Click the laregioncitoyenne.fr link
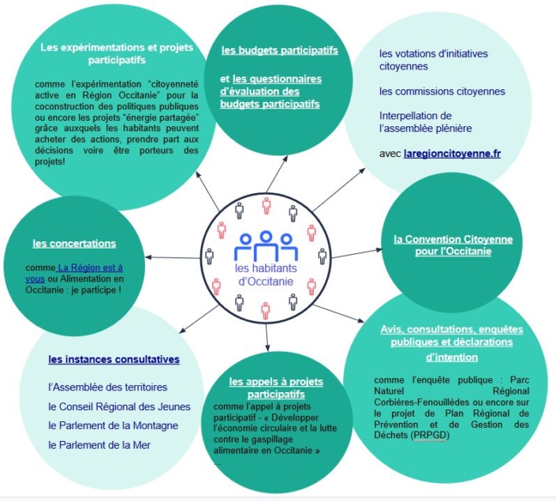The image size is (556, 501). (x=451, y=154)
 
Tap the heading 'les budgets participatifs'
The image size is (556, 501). (x=279, y=50)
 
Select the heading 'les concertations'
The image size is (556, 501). (x=74, y=243)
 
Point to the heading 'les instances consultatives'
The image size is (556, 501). (x=114, y=360)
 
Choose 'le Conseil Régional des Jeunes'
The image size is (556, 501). (x=114, y=406)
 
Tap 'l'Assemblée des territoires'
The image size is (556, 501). (x=107, y=387)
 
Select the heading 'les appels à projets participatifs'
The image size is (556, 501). (x=275, y=387)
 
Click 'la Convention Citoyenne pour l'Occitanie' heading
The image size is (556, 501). (x=453, y=245)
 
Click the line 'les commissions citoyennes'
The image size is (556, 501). (x=442, y=92)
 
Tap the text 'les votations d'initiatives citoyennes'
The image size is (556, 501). (x=433, y=60)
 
